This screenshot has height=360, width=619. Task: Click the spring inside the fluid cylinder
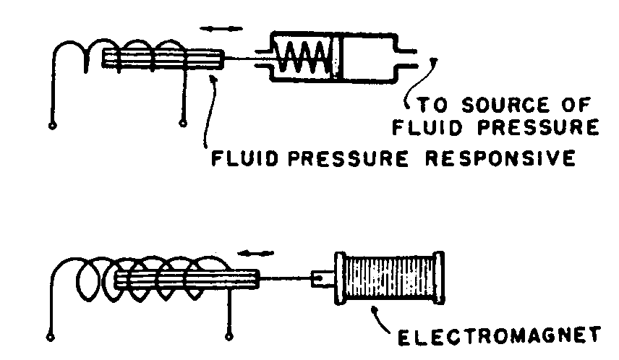pos(304,57)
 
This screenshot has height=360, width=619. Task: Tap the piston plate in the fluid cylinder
pos(337,56)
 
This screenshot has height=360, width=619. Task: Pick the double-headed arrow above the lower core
pos(257,253)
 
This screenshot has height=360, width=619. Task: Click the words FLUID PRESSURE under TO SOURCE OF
pos(495,129)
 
